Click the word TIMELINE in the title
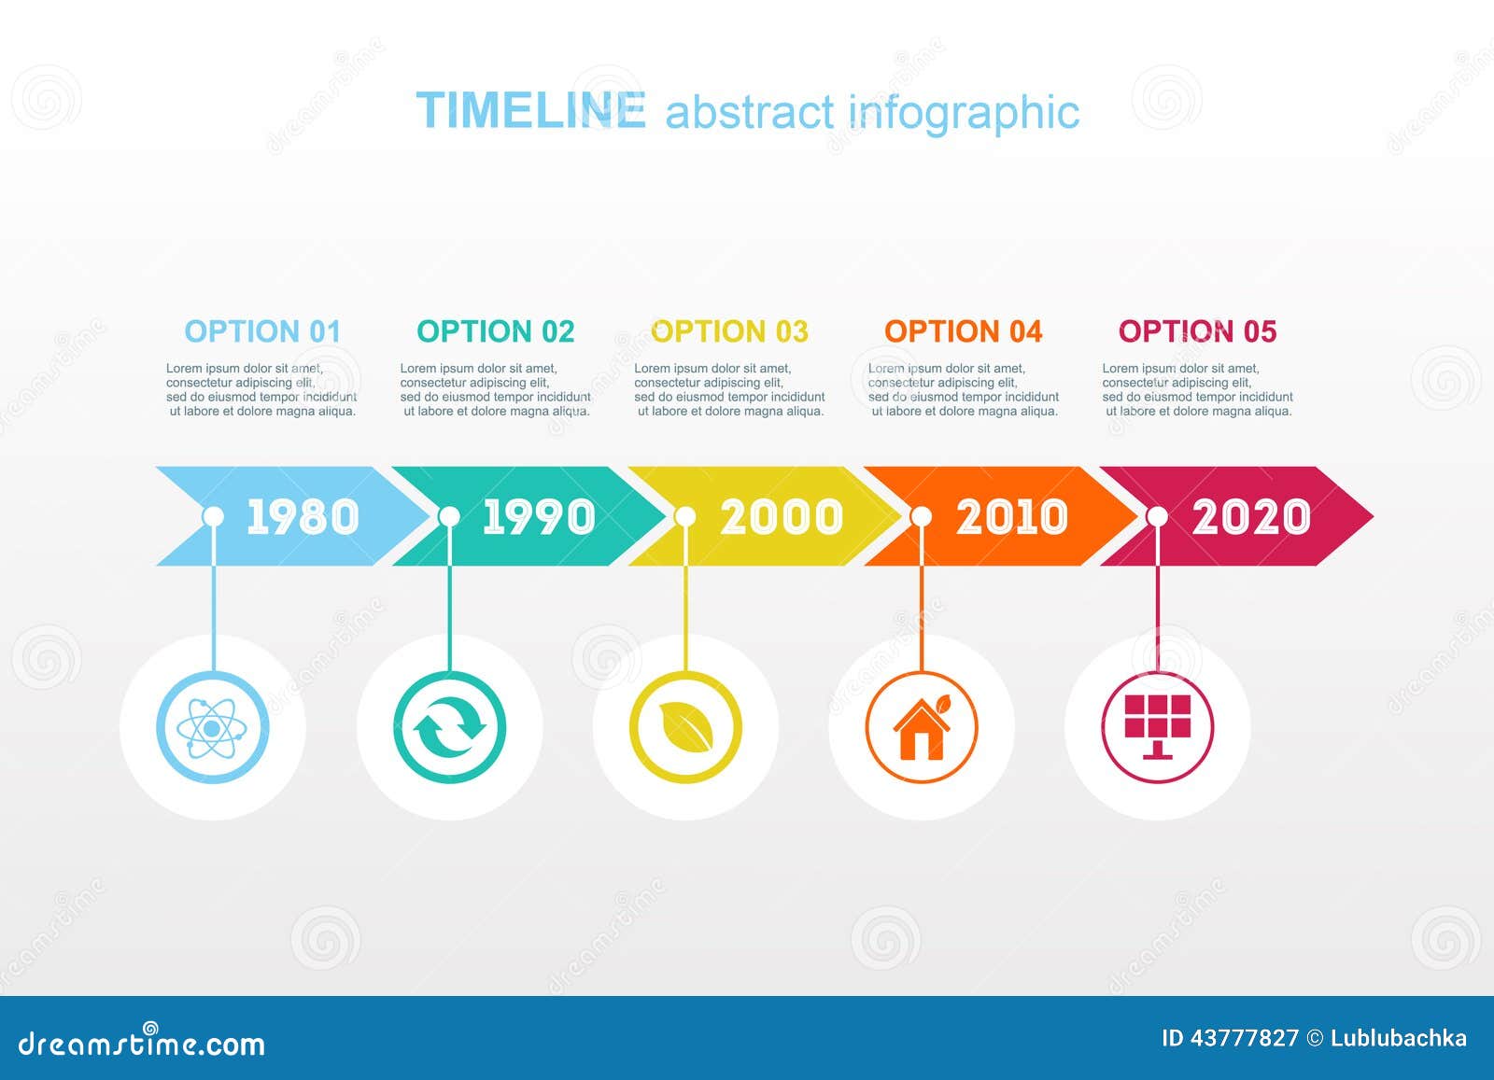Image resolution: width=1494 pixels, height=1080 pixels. [x=530, y=111]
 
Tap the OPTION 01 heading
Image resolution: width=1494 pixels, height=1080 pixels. [x=262, y=331]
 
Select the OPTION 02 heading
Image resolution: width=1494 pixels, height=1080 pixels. [x=496, y=331]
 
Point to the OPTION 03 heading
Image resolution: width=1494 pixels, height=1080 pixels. [x=729, y=331]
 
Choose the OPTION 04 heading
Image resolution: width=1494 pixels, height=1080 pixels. [x=963, y=331]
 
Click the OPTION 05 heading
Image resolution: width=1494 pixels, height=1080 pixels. [x=1197, y=331]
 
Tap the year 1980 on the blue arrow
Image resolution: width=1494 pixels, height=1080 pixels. [x=303, y=517]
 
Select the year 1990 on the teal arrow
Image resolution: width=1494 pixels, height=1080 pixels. [x=539, y=517]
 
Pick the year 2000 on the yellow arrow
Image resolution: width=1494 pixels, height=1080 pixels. [x=782, y=517]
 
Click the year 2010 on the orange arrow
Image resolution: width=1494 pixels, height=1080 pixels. [x=1012, y=517]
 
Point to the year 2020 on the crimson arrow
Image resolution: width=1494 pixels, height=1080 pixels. [x=1251, y=517]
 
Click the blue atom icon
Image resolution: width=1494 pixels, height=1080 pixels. [x=213, y=727]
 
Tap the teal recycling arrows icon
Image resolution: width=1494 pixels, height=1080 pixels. [x=449, y=727]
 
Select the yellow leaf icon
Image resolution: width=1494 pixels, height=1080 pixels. [x=685, y=727]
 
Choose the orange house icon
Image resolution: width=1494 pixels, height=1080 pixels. [x=922, y=727]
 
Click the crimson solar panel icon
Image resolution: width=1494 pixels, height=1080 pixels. [x=1158, y=727]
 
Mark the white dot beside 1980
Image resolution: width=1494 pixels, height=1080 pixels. [x=213, y=516]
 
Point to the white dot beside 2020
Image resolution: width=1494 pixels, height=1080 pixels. [x=1157, y=516]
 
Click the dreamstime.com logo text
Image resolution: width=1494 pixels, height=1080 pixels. [x=142, y=1043]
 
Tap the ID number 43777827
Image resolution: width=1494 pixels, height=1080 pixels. [x=1244, y=1038]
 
